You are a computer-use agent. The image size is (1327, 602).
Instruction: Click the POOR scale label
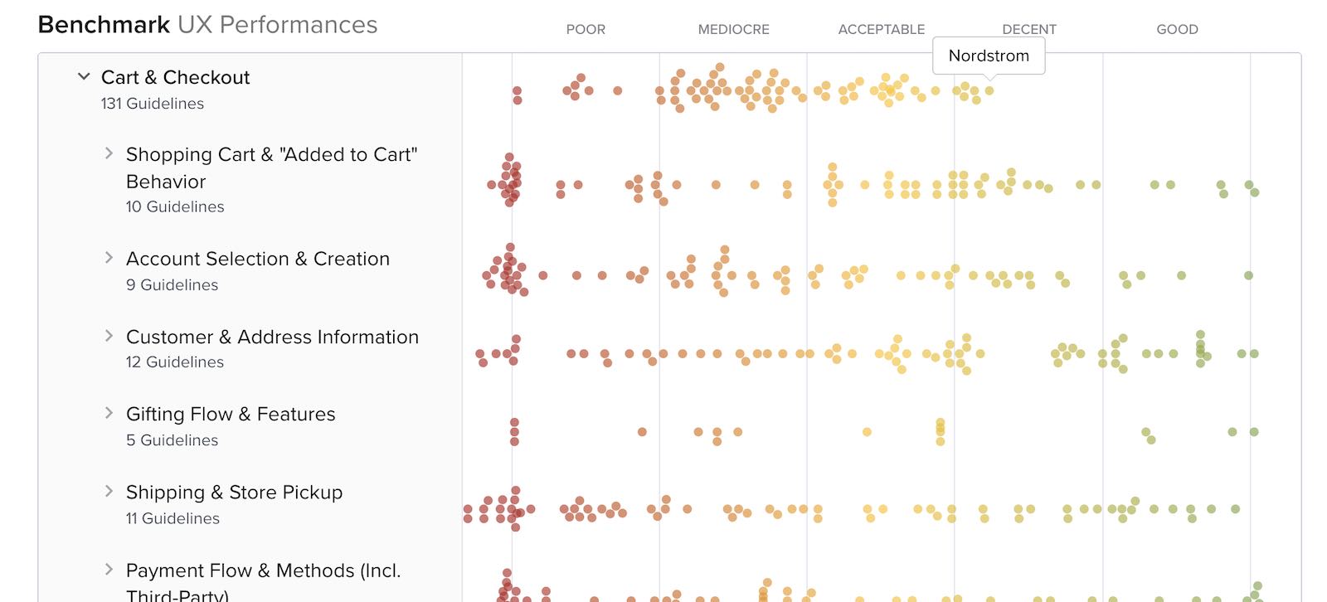pos(586,29)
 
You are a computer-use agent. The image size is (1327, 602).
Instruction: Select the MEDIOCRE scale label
pos(733,29)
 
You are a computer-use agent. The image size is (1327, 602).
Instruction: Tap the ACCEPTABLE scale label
pos(881,29)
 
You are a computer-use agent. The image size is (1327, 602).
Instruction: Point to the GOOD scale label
pos(1177,29)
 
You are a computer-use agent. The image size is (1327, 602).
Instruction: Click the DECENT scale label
pos(1028,29)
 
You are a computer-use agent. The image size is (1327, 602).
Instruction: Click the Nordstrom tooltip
pos(989,56)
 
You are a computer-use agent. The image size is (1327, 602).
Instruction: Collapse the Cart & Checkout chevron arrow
pos(84,76)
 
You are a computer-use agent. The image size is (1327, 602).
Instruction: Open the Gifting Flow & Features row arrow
pos(109,413)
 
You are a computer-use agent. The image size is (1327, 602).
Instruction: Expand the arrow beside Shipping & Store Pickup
pos(109,491)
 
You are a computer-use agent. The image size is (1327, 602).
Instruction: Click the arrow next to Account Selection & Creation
pos(109,258)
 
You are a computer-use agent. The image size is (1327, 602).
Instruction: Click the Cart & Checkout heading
pos(175,77)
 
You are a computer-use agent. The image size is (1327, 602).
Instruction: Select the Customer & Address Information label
pos(272,337)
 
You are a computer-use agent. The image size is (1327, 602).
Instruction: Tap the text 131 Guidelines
pos(153,104)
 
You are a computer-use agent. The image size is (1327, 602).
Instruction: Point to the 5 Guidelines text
pos(172,440)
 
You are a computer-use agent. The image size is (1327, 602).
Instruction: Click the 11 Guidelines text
pos(173,518)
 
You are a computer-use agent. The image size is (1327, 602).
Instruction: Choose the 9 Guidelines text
pos(172,285)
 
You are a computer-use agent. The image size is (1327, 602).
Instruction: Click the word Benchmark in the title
pos(104,25)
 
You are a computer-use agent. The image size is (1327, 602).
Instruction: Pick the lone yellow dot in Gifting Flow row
pos(867,432)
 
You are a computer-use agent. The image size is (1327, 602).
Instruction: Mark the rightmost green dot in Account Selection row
pos(1248,275)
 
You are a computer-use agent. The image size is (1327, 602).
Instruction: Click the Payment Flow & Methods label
pos(263,570)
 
